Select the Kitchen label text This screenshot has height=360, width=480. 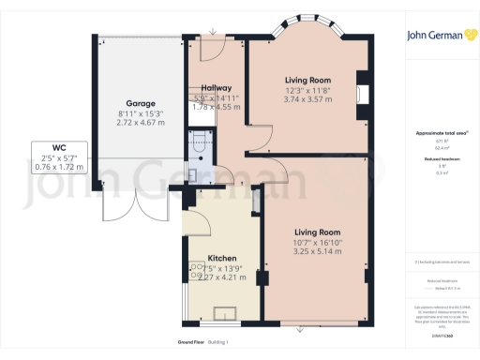pos(221,258)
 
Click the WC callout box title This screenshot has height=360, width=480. pos(58,148)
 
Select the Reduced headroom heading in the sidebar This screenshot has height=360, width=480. pos(439,160)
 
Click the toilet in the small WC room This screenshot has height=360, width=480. pos(197,142)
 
